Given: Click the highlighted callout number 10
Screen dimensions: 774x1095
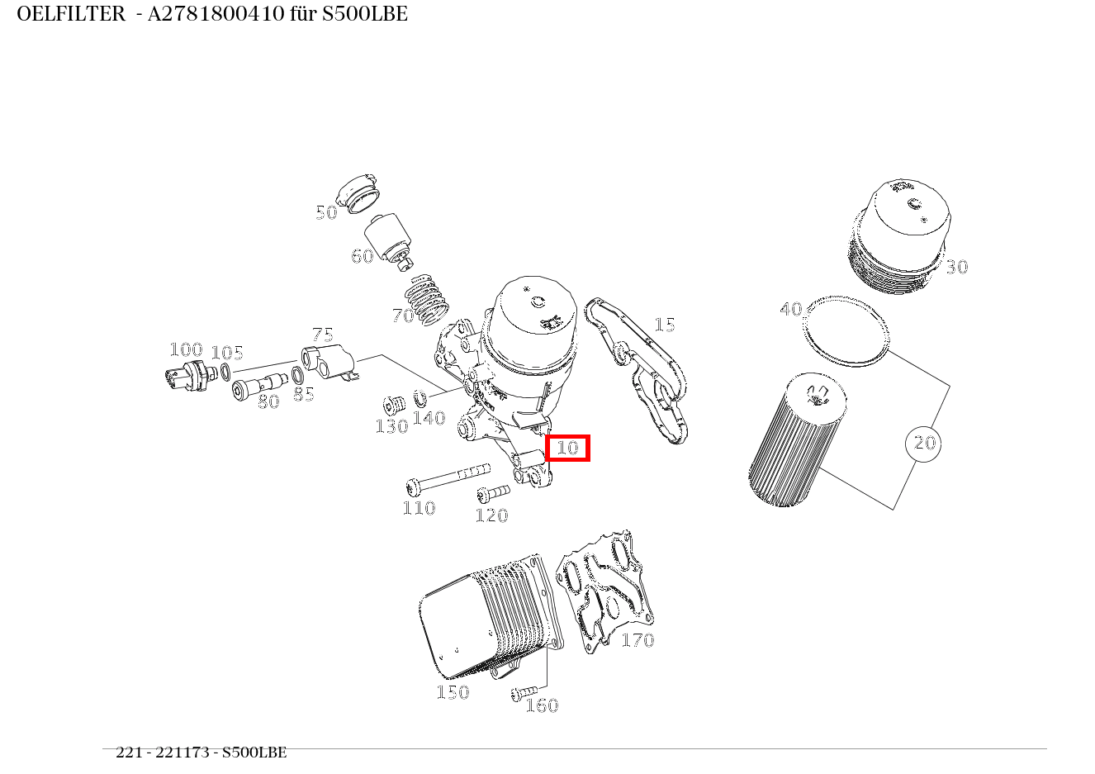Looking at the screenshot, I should [567, 448].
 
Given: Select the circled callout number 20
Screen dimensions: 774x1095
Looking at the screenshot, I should [923, 444].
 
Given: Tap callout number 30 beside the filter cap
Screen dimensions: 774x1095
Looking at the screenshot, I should [956, 267].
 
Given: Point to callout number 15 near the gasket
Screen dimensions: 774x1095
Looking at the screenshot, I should [664, 325].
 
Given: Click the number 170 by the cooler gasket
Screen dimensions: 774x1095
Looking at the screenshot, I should [637, 640].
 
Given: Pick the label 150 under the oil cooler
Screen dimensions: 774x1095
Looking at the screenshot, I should [453, 692].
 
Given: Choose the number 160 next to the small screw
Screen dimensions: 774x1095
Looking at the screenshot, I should [542, 705].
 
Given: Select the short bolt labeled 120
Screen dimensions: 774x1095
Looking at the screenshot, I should [493, 494].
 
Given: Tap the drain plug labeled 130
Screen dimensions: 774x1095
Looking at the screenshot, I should [392, 406].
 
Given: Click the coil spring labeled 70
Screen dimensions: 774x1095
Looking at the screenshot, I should [430, 299].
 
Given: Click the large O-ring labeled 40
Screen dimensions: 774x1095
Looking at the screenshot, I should [846, 330].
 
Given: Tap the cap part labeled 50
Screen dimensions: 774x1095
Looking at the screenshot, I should [362, 193].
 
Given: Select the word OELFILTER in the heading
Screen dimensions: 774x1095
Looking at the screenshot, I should [70, 14].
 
